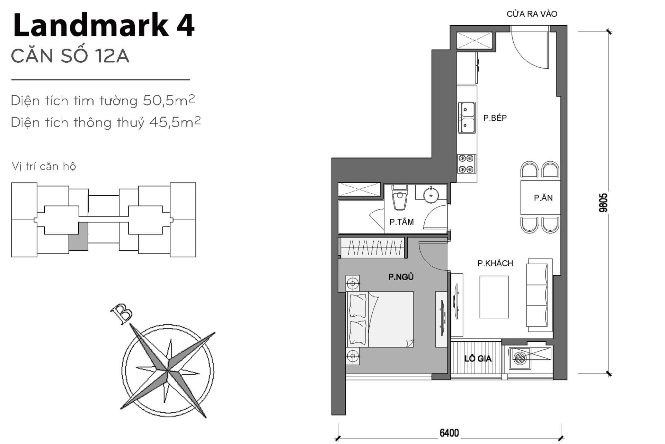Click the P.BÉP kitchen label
click(495, 118)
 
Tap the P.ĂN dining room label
click(543, 198)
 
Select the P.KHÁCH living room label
click(495, 263)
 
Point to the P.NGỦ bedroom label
click(401, 277)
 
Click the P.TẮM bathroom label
click(401, 222)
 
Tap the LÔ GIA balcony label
click(478, 359)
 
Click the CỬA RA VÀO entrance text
click(532, 14)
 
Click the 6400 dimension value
click(449, 433)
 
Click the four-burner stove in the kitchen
click(466, 164)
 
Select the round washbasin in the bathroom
click(431, 196)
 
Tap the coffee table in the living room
click(494, 297)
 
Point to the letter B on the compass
click(121, 314)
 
